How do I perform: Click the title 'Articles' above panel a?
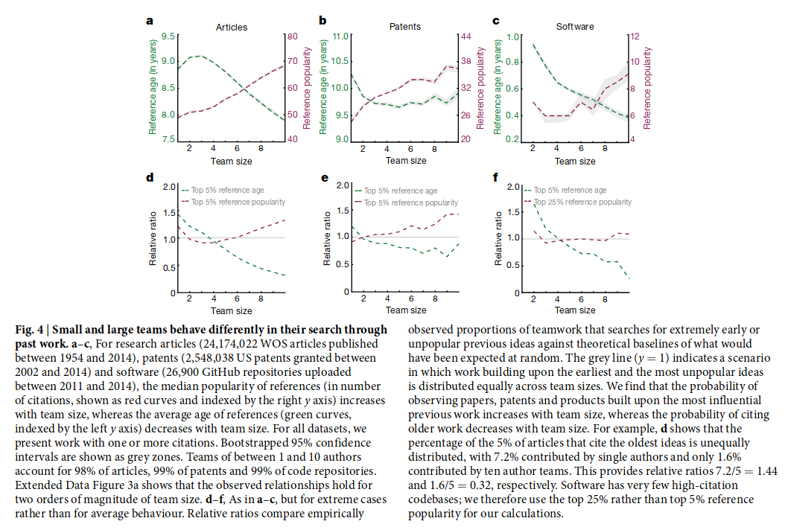tap(232, 28)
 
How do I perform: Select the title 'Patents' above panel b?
tap(405, 27)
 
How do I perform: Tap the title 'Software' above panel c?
tap(575, 27)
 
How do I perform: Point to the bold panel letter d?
tap(150, 178)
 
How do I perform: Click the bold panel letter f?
tap(496, 178)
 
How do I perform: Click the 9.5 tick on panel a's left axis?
tap(169, 36)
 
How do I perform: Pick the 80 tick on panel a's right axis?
tap(292, 36)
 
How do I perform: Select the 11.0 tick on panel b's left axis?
tap(340, 36)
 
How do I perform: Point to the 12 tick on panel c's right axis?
tap(635, 36)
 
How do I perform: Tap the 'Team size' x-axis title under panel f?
tap(576, 310)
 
